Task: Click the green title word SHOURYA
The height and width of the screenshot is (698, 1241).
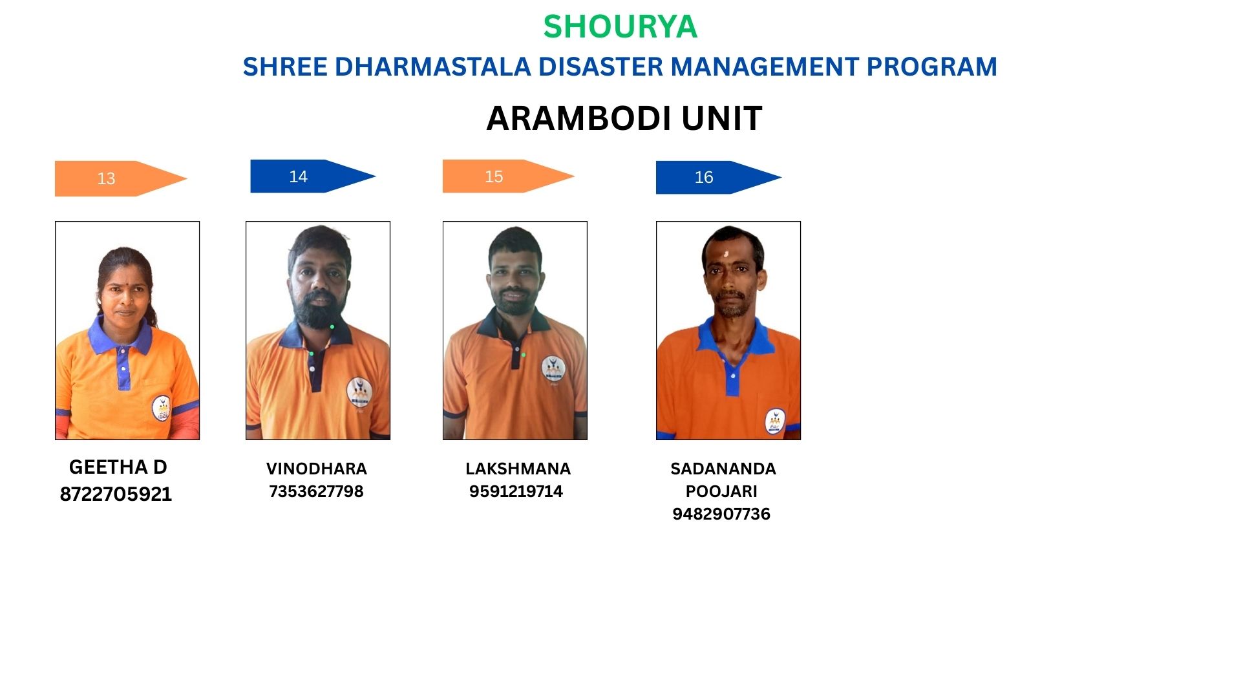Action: [620, 26]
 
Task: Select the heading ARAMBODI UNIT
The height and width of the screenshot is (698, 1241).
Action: [624, 118]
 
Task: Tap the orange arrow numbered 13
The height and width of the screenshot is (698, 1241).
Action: [121, 178]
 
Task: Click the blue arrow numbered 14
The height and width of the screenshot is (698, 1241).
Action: [313, 176]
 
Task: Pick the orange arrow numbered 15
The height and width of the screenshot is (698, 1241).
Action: [508, 176]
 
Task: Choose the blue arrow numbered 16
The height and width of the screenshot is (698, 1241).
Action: [719, 177]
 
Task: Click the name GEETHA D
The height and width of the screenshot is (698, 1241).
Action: [118, 467]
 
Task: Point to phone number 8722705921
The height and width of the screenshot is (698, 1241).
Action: [116, 494]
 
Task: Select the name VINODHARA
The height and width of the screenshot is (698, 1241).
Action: [317, 469]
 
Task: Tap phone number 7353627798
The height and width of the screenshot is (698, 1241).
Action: [316, 491]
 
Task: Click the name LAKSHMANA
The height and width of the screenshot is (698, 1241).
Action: [518, 469]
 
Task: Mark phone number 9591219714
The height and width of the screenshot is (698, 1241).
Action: [516, 491]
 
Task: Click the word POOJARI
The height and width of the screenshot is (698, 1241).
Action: [721, 491]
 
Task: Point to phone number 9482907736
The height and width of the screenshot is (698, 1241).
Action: [721, 514]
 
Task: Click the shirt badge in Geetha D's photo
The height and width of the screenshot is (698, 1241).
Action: [161, 408]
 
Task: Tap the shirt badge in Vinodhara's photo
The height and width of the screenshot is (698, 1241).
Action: [359, 392]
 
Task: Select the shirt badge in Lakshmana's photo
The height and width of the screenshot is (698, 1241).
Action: [553, 368]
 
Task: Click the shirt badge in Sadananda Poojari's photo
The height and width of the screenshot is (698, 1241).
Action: [774, 421]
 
